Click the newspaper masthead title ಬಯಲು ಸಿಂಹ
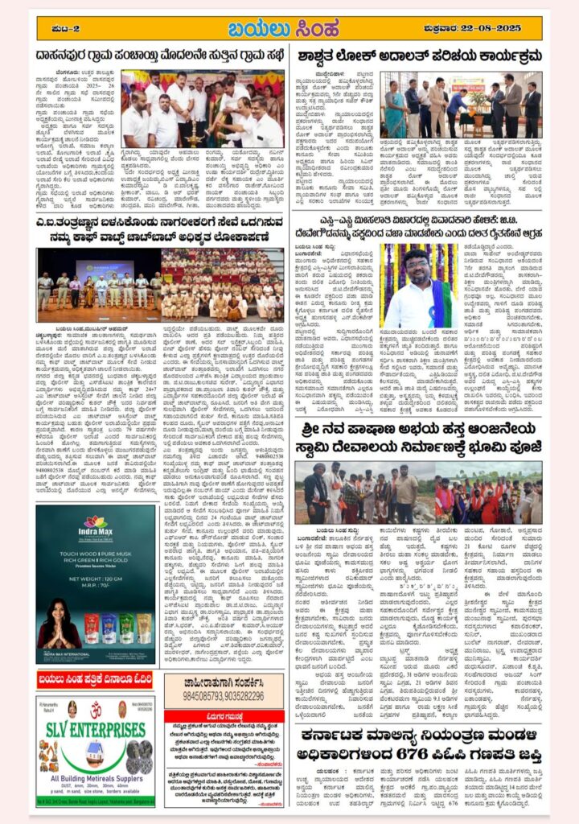click(289, 29)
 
